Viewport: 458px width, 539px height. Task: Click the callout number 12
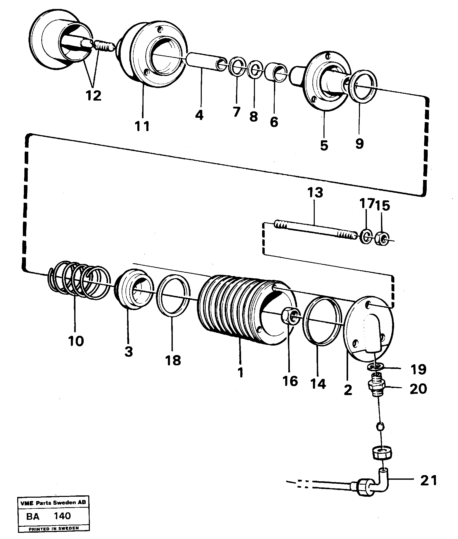click(x=93, y=96)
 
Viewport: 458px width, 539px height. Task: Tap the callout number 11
click(x=142, y=126)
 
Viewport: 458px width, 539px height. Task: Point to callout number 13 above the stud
click(x=315, y=193)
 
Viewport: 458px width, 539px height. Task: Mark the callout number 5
click(x=324, y=145)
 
